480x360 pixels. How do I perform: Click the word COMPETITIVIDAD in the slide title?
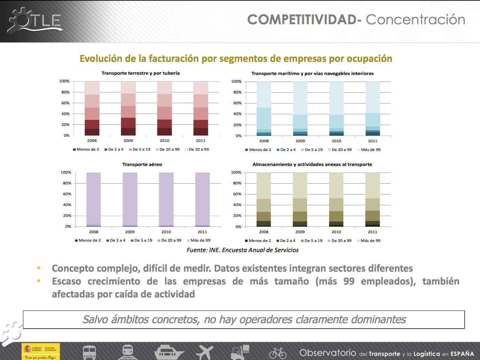pos(302,20)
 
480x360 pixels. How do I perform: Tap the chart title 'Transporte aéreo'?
pos(142,164)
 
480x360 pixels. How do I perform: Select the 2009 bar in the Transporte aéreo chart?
pos(130,199)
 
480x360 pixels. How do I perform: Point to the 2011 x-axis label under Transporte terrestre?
pos(201,141)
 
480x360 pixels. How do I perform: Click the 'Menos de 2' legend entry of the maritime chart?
pos(258,150)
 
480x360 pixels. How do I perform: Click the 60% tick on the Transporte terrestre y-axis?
pos(66,103)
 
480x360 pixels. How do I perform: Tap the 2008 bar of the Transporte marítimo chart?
pos(264,109)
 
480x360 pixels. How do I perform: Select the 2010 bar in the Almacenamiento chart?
pos(336,199)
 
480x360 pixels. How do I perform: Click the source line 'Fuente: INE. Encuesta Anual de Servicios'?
pos(243,250)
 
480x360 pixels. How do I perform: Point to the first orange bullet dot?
pos(39,268)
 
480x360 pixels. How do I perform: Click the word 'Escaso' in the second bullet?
pos(67,282)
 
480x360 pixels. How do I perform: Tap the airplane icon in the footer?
pos(205,352)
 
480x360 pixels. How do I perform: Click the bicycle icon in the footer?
pos(278,353)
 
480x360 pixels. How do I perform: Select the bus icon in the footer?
pos(90,352)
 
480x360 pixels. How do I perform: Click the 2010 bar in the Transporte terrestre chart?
pos(165,108)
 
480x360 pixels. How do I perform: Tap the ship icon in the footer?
pos(169,352)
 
